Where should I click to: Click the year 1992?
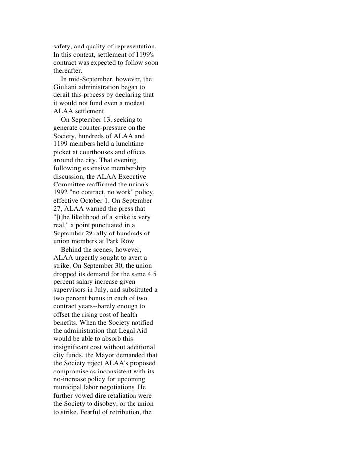coord(61,191)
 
